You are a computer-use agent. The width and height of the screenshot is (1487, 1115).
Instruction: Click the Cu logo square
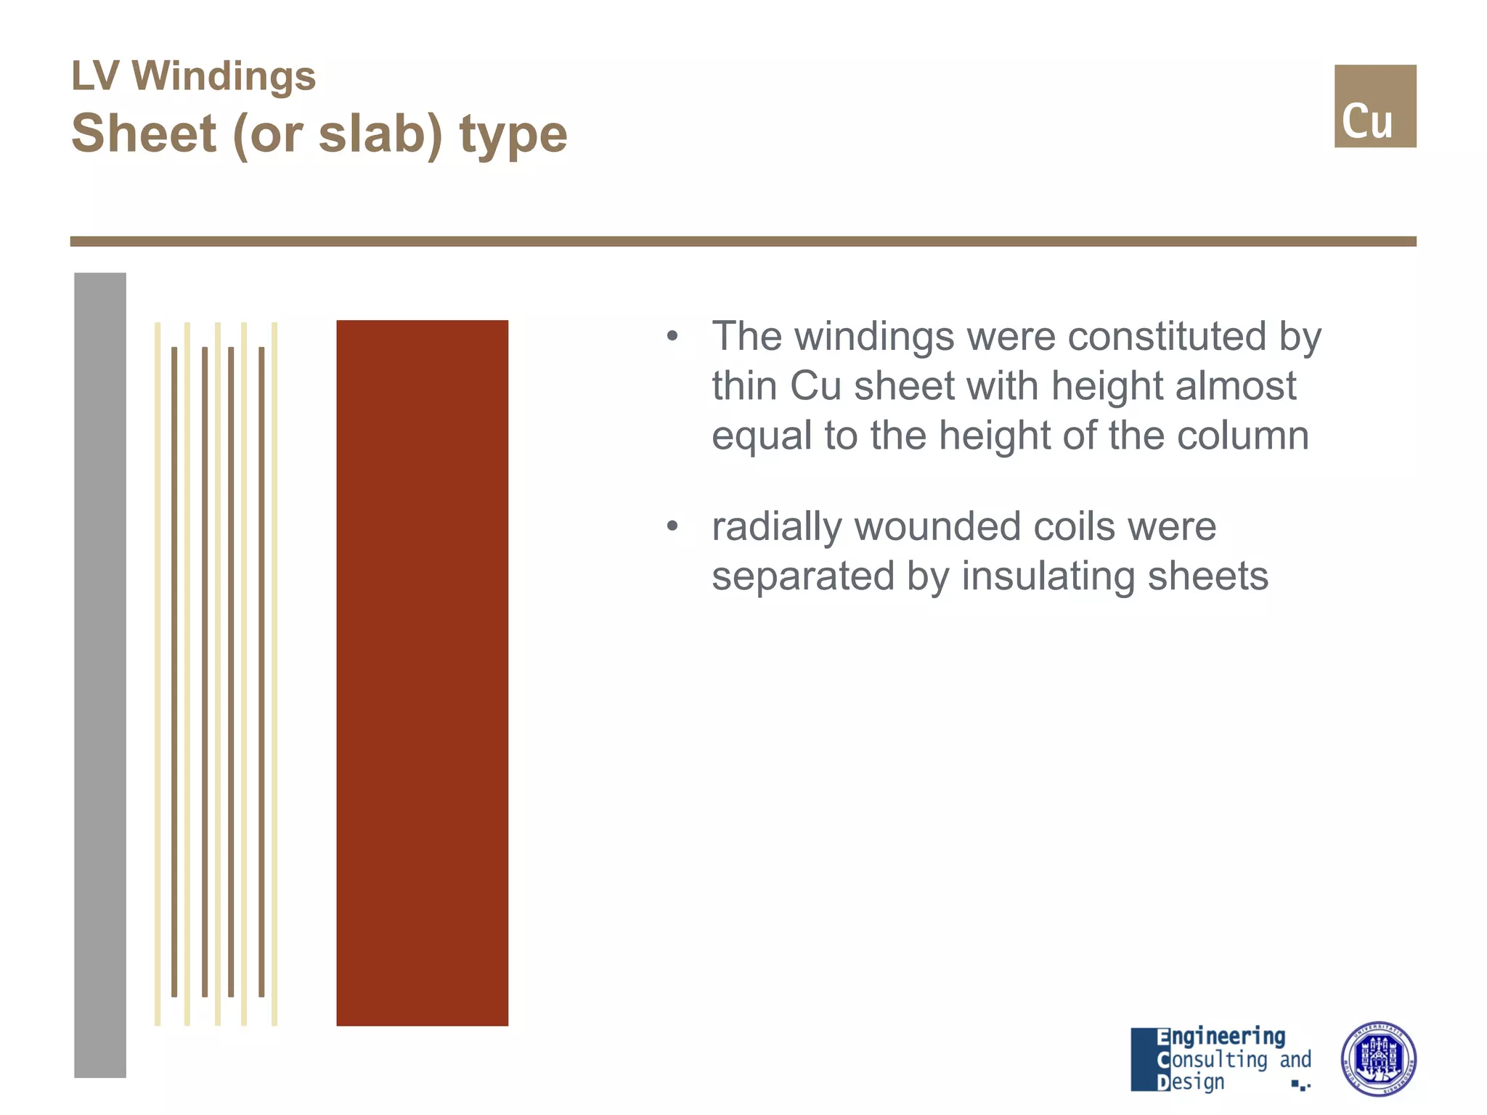pyautogui.click(x=1374, y=106)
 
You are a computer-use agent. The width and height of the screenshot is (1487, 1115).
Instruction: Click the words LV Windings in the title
pyautogui.click(x=193, y=75)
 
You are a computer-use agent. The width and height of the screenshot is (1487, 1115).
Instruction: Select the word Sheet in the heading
pyautogui.click(x=144, y=134)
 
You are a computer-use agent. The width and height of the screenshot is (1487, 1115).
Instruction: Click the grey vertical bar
pyautogui.click(x=100, y=675)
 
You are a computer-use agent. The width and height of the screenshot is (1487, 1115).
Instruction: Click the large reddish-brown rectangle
pyautogui.click(x=422, y=672)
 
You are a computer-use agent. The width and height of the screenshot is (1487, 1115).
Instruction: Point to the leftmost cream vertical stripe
pyautogui.click(x=158, y=674)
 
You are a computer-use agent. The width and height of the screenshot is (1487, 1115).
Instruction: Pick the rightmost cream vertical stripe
pyautogui.click(x=274, y=674)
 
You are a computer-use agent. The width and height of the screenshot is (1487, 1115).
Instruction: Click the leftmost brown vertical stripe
pyautogui.click(x=174, y=671)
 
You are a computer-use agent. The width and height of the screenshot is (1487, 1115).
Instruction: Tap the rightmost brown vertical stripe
pyautogui.click(x=261, y=671)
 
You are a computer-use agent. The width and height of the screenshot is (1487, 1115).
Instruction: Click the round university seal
pyautogui.click(x=1377, y=1058)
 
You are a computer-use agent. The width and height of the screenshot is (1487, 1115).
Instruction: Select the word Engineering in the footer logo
pyautogui.click(x=1221, y=1036)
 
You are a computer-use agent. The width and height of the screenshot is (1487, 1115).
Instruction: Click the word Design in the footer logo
pyautogui.click(x=1191, y=1082)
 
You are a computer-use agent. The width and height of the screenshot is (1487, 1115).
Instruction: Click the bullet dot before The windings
pyautogui.click(x=672, y=336)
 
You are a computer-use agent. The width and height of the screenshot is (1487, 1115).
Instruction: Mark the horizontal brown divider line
pyautogui.click(x=743, y=241)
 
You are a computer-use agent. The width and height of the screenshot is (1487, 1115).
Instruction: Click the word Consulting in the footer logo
pyautogui.click(x=1212, y=1059)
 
